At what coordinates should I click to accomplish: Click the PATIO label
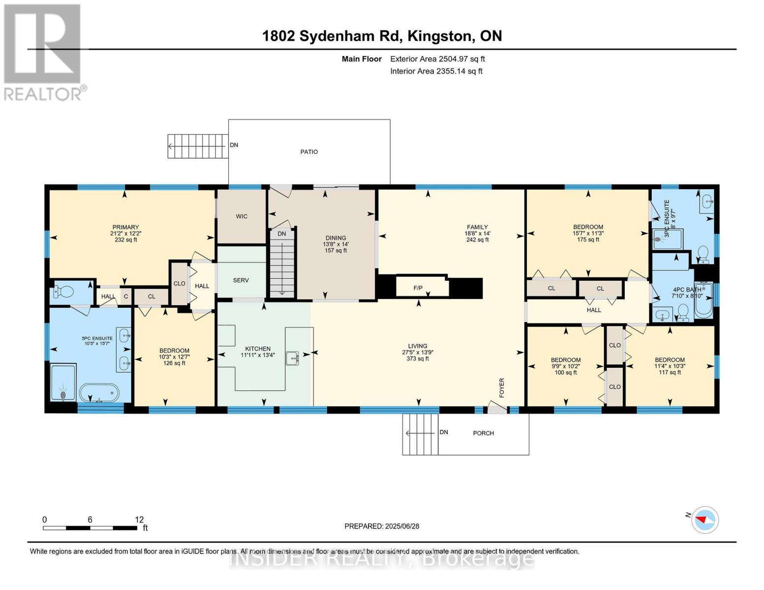pyautogui.click(x=308, y=152)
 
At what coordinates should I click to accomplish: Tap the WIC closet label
pyautogui.click(x=242, y=216)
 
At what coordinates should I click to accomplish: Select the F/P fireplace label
pyautogui.click(x=418, y=288)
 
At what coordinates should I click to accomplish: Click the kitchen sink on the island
pyautogui.click(x=292, y=358)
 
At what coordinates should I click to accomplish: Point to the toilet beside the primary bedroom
pyautogui.click(x=63, y=291)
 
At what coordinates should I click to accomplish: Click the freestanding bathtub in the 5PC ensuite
pyautogui.click(x=99, y=392)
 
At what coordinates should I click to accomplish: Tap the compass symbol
pyautogui.click(x=705, y=520)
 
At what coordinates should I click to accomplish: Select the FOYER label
pyautogui.click(x=502, y=387)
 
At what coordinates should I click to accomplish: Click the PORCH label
pyautogui.click(x=484, y=433)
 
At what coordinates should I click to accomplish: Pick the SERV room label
pyautogui.click(x=241, y=280)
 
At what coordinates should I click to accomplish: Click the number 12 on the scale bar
pyautogui.click(x=139, y=519)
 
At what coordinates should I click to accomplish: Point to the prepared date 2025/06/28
pyautogui.click(x=402, y=527)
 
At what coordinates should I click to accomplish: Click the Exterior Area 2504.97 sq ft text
pyautogui.click(x=437, y=59)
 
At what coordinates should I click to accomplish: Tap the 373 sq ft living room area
pyautogui.click(x=418, y=359)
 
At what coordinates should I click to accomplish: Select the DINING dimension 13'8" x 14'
pyautogui.click(x=336, y=244)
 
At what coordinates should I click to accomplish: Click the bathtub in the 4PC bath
pyautogui.click(x=703, y=301)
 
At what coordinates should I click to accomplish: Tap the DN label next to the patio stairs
pyautogui.click(x=234, y=145)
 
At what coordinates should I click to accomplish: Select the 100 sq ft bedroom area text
pyautogui.click(x=566, y=373)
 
